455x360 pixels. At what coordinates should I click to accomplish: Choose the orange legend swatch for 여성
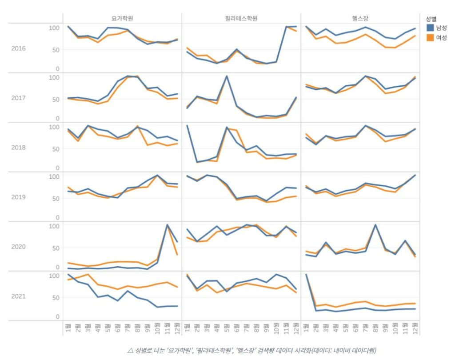tap(430, 37)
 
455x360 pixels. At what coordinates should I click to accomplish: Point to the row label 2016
tap(19, 48)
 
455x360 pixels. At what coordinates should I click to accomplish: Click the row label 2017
tap(19, 98)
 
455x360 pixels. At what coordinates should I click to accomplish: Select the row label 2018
tap(19, 148)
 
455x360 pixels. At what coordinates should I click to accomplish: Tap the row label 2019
tap(19, 197)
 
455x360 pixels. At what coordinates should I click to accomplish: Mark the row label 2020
tap(19, 247)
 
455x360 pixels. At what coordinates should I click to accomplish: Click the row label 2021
tap(19, 296)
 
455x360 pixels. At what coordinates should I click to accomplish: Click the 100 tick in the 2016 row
tap(54, 28)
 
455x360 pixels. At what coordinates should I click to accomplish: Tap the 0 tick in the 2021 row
tap(57, 317)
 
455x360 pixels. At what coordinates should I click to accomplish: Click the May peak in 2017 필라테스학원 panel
tap(227, 76)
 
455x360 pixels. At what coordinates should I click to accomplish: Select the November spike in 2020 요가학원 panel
tap(167, 225)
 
